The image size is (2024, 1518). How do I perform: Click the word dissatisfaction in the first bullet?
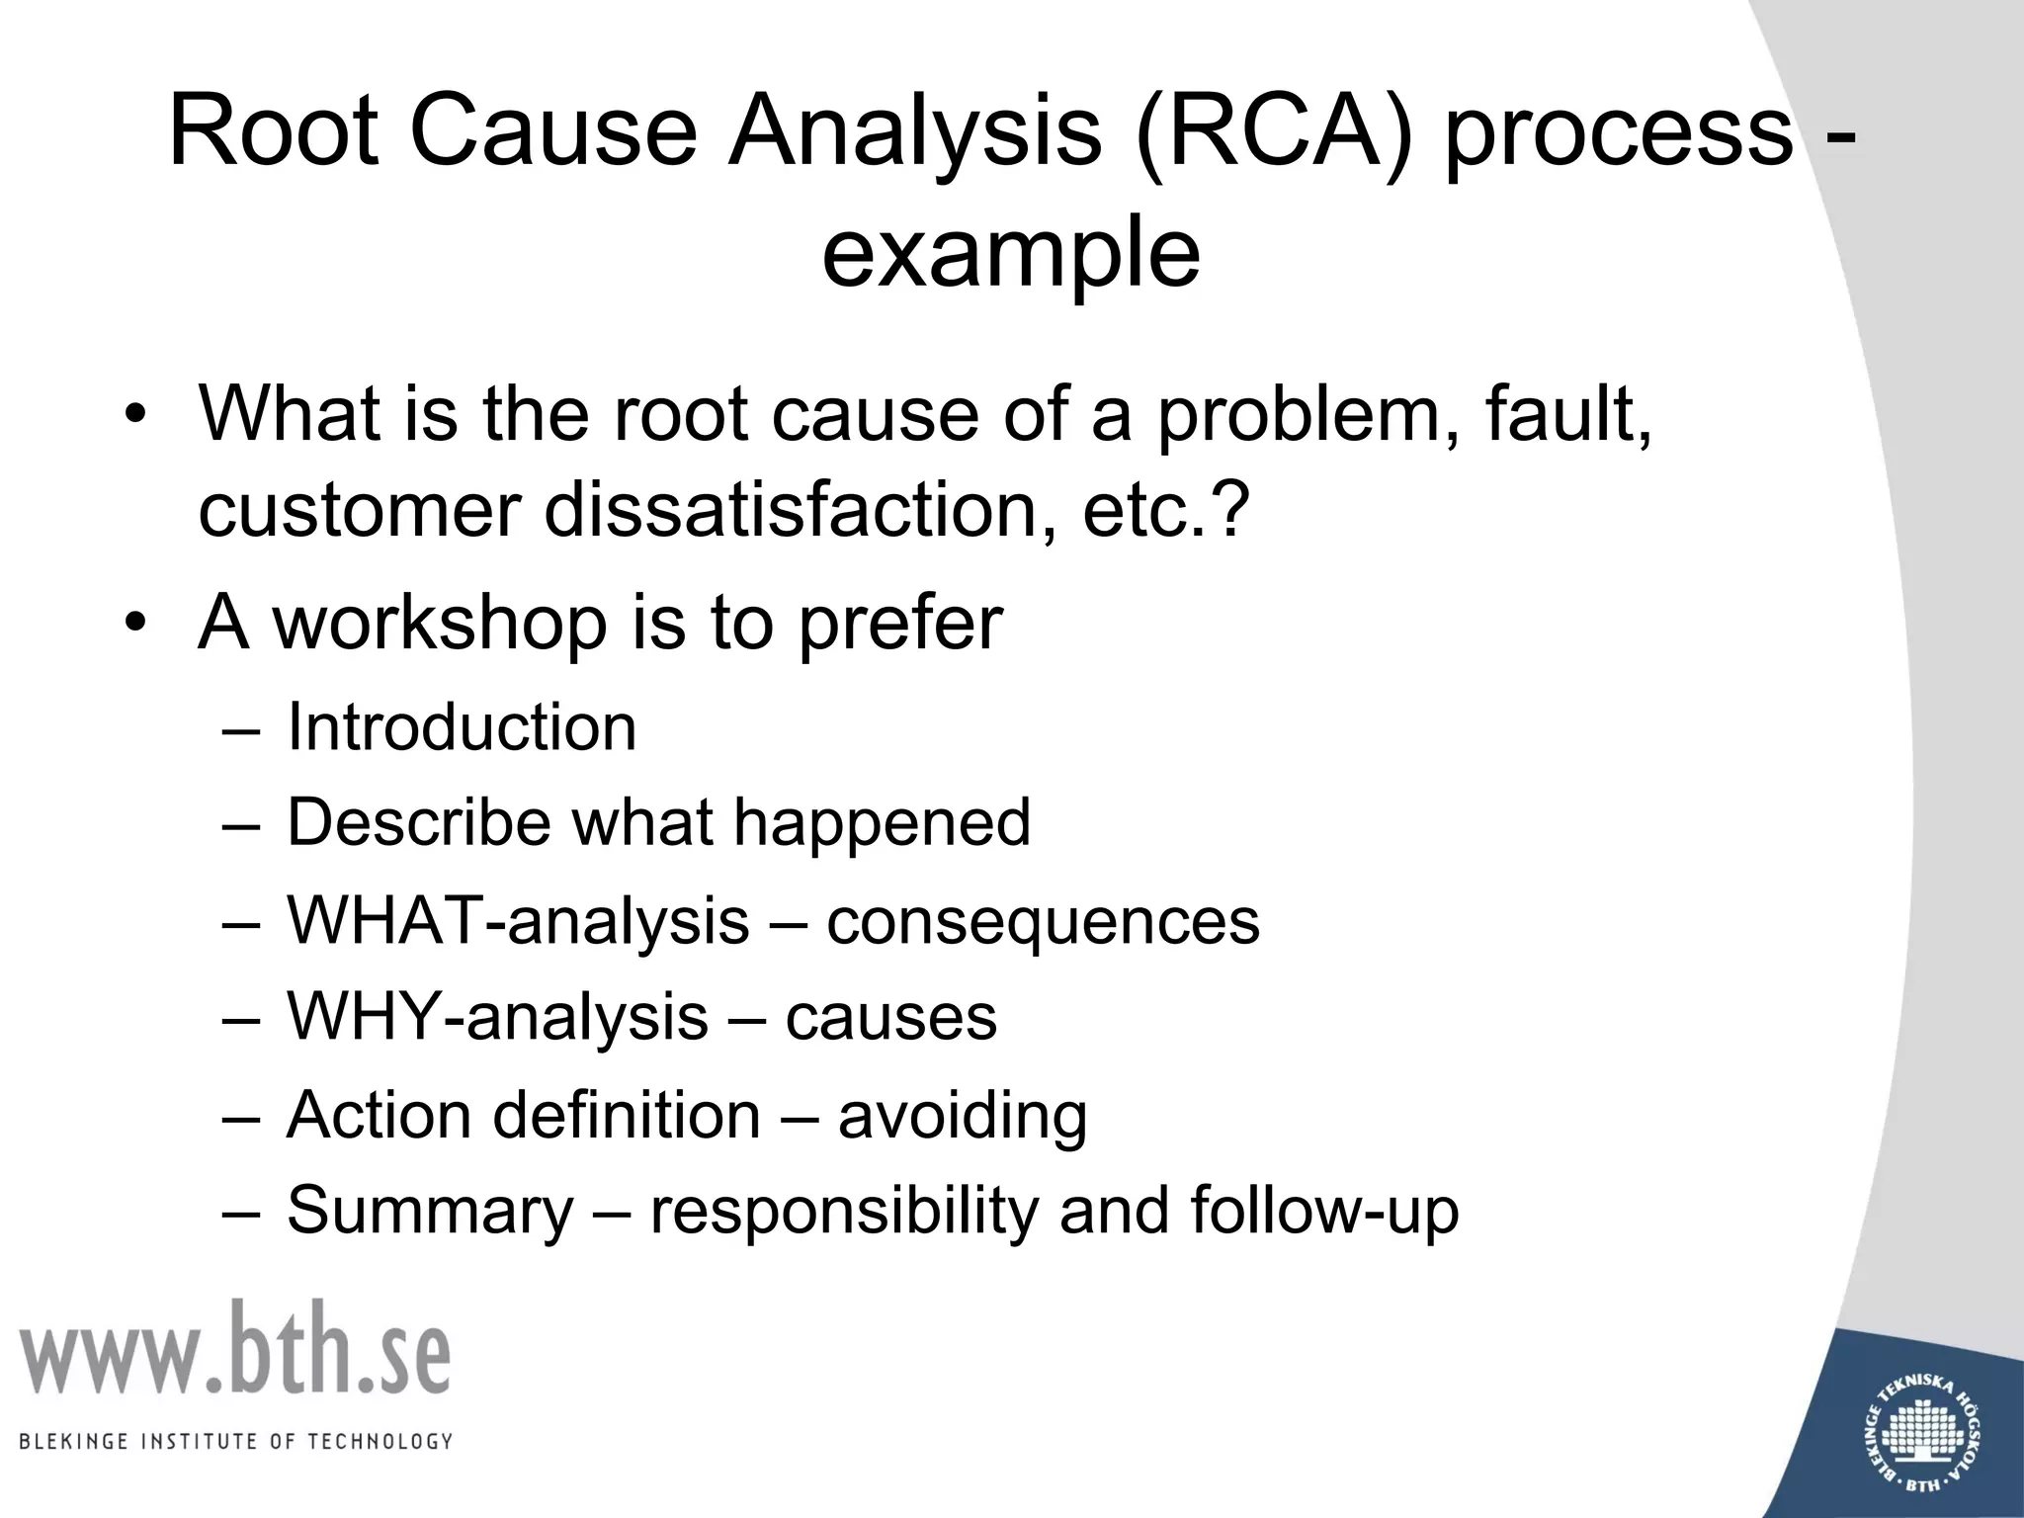coord(795,510)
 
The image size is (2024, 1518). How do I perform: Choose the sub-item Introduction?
coord(462,727)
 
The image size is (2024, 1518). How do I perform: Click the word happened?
coord(882,822)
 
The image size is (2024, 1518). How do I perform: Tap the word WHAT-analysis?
coord(518,921)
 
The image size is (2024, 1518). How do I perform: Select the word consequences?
coord(1043,921)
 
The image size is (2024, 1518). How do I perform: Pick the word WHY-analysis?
coord(497,1018)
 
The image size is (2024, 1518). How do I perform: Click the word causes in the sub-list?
coord(890,1018)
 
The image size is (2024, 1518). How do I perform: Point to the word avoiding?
coord(963,1115)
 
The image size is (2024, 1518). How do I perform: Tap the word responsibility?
coord(843,1211)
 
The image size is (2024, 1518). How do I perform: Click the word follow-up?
coord(1324,1211)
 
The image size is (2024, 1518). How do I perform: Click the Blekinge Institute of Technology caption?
coord(235,1442)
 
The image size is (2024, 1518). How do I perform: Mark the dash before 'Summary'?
coord(241,1212)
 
